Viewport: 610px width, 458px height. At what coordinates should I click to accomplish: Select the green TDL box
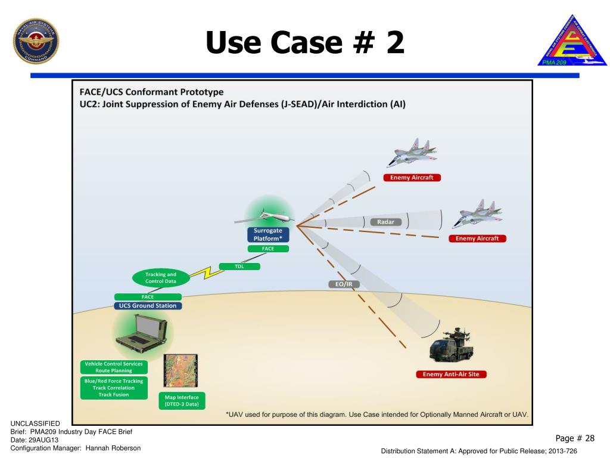pyautogui.click(x=239, y=266)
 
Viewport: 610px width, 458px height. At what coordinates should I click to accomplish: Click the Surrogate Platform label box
pyautogui.click(x=268, y=234)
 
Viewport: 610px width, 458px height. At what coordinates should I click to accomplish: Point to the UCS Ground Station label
pyautogui.click(x=147, y=306)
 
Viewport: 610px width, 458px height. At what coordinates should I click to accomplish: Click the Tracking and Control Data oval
pyautogui.click(x=161, y=278)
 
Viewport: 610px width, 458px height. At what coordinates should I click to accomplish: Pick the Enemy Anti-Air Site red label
pyautogui.click(x=451, y=375)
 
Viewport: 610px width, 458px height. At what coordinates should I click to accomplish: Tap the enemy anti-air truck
pyautogui.click(x=455, y=346)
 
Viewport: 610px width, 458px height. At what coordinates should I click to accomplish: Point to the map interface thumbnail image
pyautogui.click(x=180, y=372)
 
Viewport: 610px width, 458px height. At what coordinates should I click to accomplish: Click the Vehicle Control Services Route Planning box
pyautogui.click(x=114, y=367)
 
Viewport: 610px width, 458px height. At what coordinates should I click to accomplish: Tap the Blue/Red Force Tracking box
pyautogui.click(x=113, y=388)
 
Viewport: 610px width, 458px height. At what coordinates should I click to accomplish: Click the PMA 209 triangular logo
pyautogui.click(x=571, y=42)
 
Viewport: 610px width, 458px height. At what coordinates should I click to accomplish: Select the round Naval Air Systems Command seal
pyautogui.click(x=36, y=42)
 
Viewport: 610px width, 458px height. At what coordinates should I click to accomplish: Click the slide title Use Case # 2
pyautogui.click(x=305, y=43)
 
